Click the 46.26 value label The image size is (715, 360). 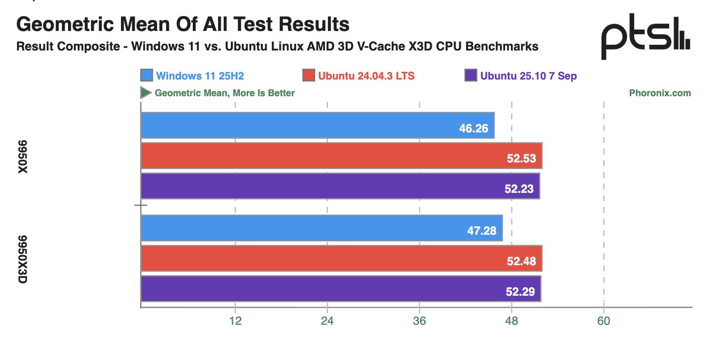coord(474,129)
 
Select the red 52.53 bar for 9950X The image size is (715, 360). coord(341,156)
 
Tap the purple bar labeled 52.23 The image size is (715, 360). coord(340,186)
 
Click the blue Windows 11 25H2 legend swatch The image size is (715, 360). coord(147,76)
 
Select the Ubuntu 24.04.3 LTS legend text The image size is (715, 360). coord(366,76)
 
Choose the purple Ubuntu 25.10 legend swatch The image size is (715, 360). coord(470,76)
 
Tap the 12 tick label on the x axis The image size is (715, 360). coord(235,321)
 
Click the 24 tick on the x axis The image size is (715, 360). coord(327,321)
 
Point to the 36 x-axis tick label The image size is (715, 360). coord(419,321)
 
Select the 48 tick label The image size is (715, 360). coord(511,321)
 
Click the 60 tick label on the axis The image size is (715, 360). coord(604,321)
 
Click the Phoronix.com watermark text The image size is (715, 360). coord(660,93)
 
